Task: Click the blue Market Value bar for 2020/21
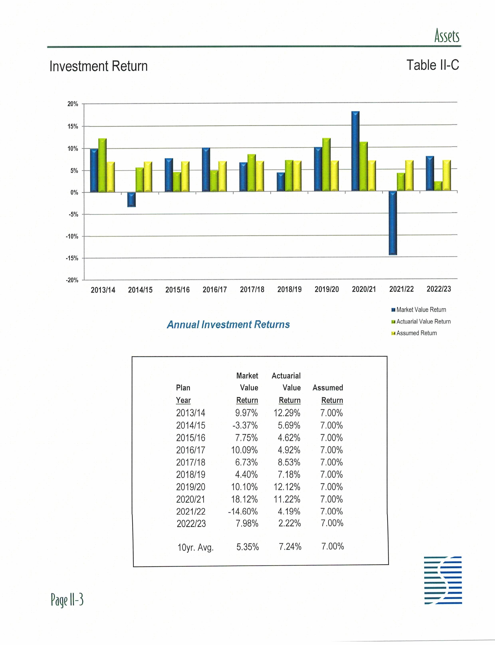coord(355,151)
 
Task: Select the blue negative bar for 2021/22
coord(393,223)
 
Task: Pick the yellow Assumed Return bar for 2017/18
coord(260,176)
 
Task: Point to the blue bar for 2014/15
coord(131,200)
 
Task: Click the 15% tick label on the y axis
coord(73,126)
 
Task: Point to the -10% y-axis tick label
coord(72,237)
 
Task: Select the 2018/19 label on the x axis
coord(289,289)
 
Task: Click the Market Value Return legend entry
coord(421,310)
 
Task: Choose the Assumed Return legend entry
coord(416,333)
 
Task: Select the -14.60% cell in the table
coord(243,511)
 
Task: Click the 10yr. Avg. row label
coord(195,548)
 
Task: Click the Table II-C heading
coord(433,65)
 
